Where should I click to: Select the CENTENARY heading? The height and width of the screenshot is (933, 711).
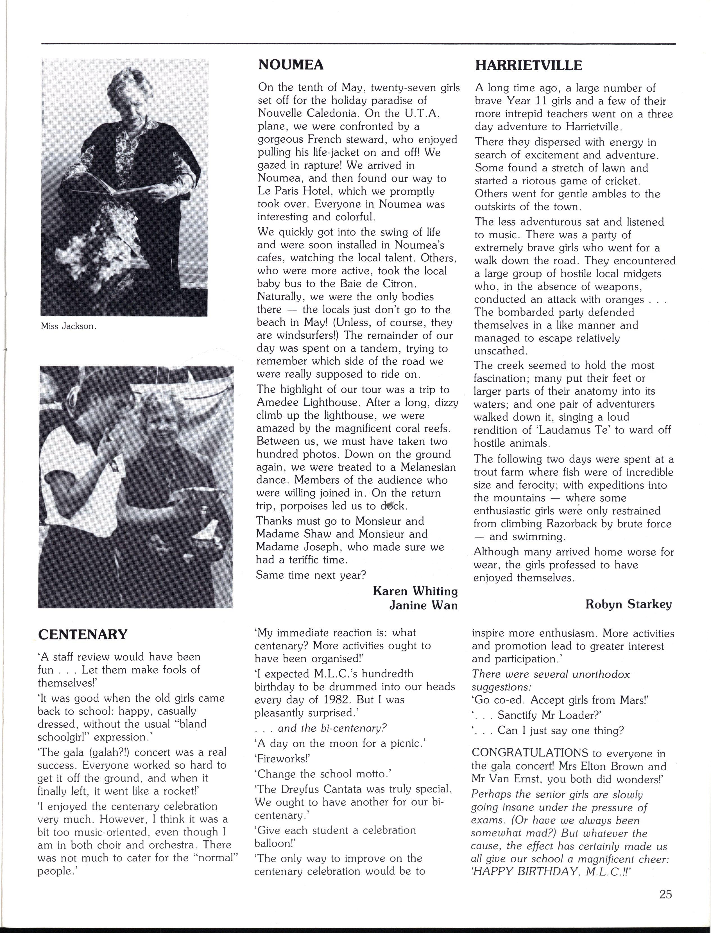click(x=83, y=634)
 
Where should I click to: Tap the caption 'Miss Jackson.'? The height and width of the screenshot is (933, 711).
click(x=69, y=327)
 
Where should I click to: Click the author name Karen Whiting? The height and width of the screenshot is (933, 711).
click(x=415, y=591)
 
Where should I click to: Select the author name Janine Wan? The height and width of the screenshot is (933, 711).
click(x=423, y=605)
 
